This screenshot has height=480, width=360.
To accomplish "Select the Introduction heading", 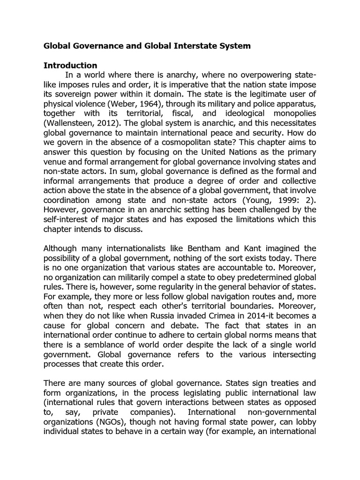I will [70, 65].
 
